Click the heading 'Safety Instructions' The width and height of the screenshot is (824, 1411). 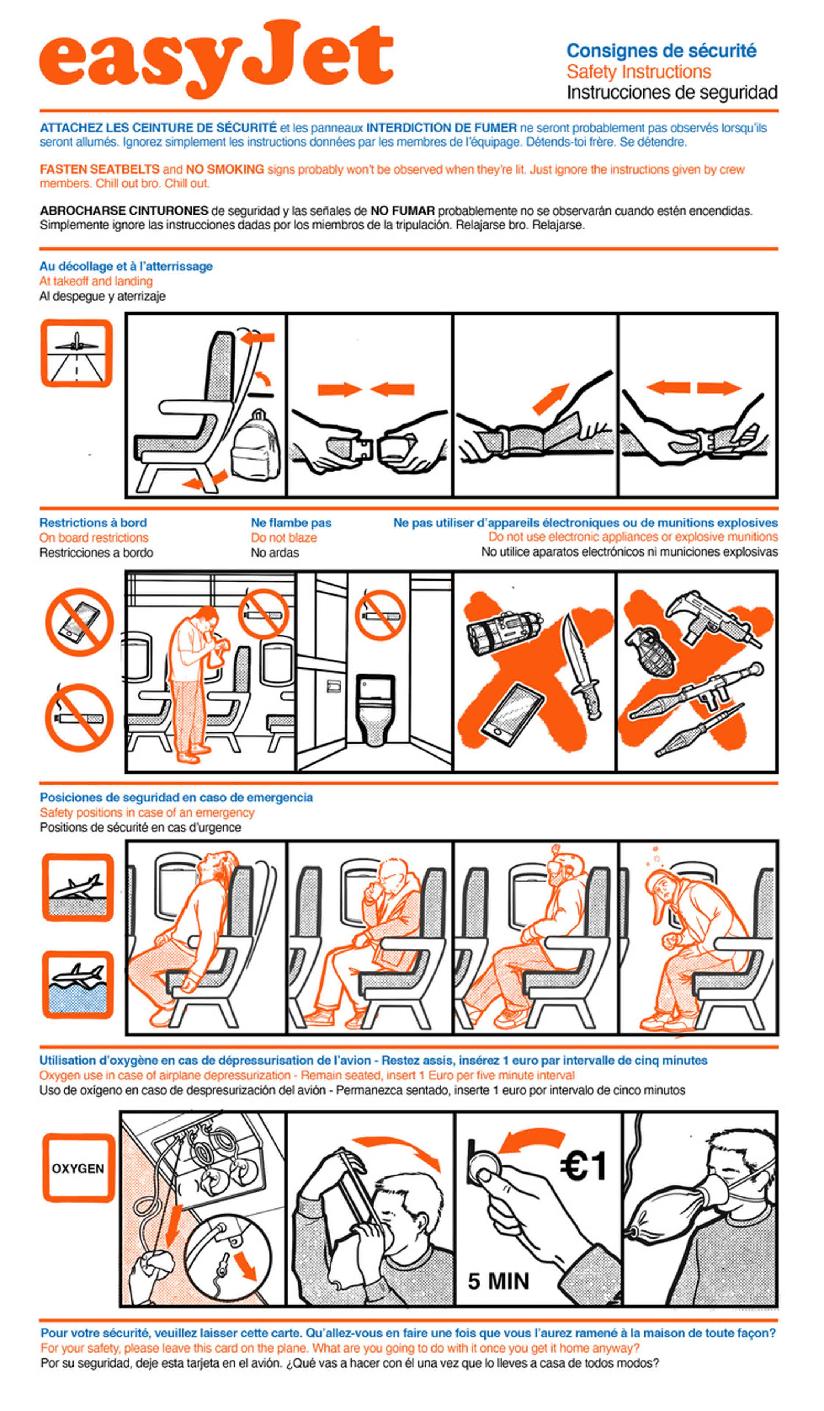(x=639, y=72)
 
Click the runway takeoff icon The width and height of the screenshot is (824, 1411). (x=77, y=353)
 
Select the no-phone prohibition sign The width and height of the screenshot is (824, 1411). (x=79, y=622)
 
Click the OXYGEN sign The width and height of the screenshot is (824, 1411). (x=78, y=1169)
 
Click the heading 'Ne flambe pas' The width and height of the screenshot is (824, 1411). (x=291, y=523)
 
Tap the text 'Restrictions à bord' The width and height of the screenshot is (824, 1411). (x=93, y=523)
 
